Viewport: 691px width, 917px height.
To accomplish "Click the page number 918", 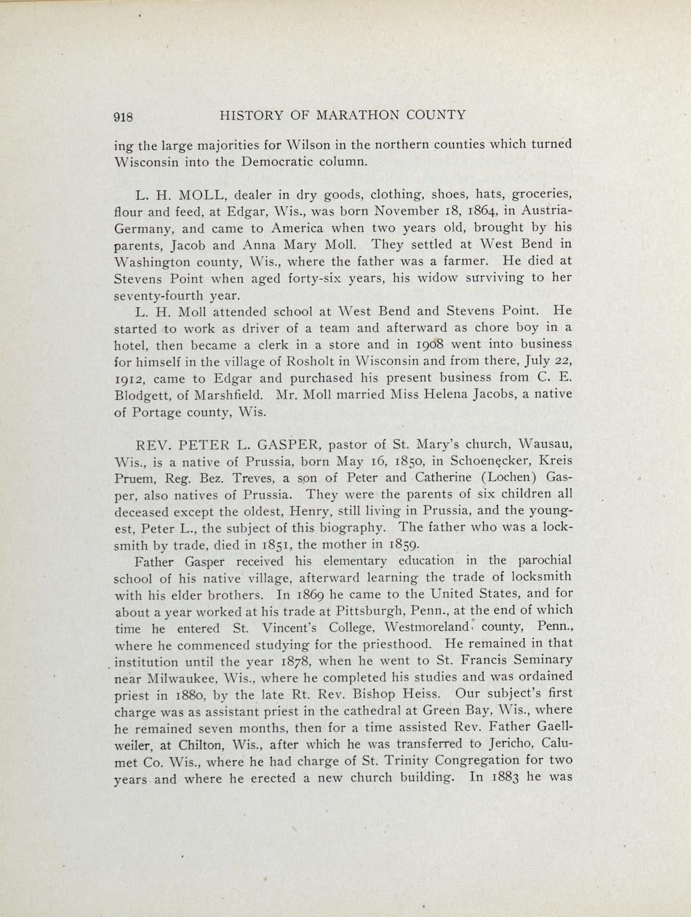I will [x=124, y=117].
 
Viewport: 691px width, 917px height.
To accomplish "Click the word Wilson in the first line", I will [x=311, y=144].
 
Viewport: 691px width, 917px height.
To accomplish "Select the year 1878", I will [x=282, y=661].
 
